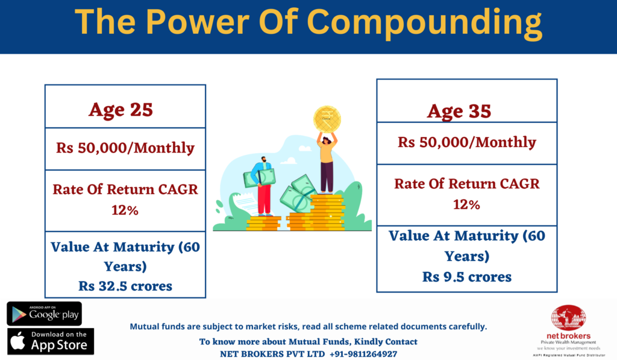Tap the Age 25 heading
[x=121, y=110]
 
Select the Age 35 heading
[x=459, y=112]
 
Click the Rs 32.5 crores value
[x=125, y=286]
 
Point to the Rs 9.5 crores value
[x=467, y=277]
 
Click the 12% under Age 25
[x=125, y=210]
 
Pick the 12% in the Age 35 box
[x=466, y=205]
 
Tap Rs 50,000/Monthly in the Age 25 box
[x=125, y=148]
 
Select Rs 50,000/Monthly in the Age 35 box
[x=467, y=142]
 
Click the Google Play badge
[x=44, y=314]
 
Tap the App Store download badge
[x=51, y=341]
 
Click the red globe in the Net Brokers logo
[x=568, y=317]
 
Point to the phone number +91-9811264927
[x=363, y=354]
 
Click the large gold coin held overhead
[x=327, y=119]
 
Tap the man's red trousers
[x=265, y=200]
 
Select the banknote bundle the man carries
[x=259, y=177]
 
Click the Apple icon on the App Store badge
[x=17, y=341]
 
